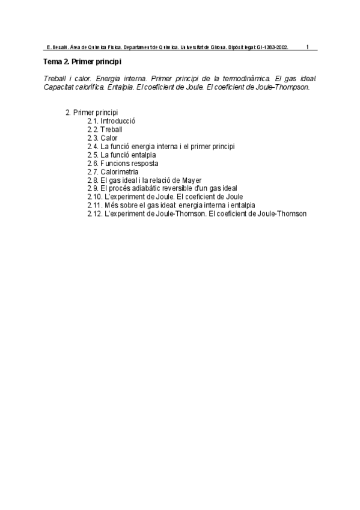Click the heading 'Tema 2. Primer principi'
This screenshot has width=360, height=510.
tap(83, 62)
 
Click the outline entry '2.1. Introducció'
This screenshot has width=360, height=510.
tap(111, 121)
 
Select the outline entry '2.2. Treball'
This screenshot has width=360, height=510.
tap(105, 129)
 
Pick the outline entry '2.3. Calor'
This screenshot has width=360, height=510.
tap(102, 138)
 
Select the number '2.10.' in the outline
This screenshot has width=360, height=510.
tap(95, 197)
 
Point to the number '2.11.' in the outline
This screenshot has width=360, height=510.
tap(95, 205)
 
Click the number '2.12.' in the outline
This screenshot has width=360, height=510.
tap(95, 214)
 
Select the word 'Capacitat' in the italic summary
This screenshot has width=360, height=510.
tap(59, 87)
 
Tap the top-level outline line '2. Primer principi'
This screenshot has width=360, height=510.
tap(91, 112)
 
